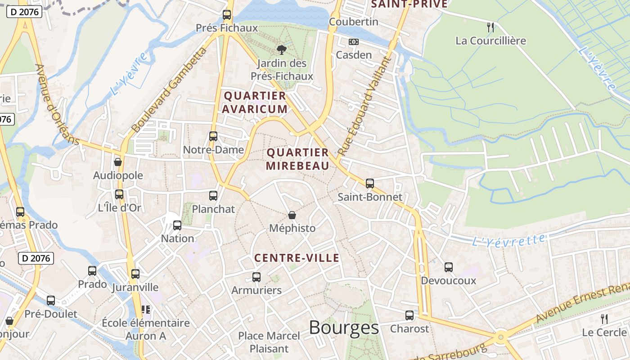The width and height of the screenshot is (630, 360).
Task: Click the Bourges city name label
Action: (344, 328)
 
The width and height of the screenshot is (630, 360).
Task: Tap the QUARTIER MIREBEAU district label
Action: (297, 159)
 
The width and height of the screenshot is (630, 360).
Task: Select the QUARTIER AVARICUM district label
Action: (255, 102)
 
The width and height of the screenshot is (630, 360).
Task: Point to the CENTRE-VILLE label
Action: (297, 258)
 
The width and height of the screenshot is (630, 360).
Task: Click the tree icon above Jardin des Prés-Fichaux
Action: (281, 49)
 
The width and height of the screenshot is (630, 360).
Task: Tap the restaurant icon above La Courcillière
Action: (490, 27)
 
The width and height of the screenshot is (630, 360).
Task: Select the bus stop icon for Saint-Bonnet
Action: (370, 183)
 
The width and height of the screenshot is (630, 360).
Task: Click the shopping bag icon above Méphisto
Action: (292, 215)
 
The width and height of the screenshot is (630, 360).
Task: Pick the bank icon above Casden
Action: (354, 42)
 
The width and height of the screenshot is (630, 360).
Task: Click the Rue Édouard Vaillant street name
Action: (363, 106)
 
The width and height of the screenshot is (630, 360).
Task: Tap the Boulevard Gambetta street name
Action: (170, 90)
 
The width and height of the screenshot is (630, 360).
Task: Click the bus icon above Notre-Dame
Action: (213, 136)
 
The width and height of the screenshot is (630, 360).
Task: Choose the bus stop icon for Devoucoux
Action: (449, 267)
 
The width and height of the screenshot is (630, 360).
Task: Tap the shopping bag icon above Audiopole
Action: (118, 162)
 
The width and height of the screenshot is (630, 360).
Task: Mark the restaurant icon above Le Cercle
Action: (604, 319)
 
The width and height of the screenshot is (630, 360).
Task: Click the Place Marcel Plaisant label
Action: (269, 342)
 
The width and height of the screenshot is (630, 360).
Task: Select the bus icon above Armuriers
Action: (256, 277)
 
